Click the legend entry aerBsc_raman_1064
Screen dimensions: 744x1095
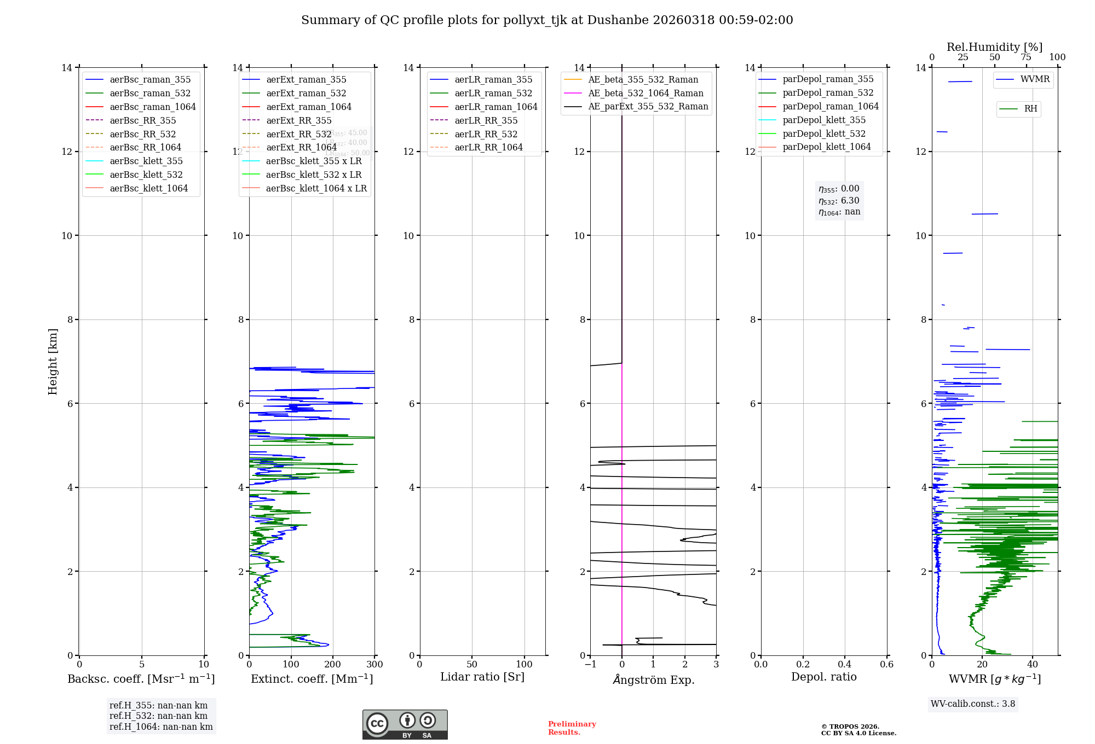[x=152, y=107]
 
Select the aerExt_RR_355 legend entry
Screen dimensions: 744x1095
[x=298, y=120]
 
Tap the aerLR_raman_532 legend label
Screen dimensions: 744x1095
[x=493, y=93]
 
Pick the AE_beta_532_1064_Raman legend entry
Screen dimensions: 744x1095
[x=646, y=93]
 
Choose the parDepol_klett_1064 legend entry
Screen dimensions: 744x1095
[x=826, y=147]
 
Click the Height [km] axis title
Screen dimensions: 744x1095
[x=53, y=362]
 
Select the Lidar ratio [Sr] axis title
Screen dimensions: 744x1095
[x=482, y=677]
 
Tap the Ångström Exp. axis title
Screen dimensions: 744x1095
[x=653, y=679]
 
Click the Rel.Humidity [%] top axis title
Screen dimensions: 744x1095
[x=994, y=47]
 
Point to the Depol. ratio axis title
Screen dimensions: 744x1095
[x=823, y=677]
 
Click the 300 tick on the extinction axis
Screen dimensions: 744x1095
[x=375, y=665]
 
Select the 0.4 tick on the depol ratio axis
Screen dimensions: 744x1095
[x=845, y=665]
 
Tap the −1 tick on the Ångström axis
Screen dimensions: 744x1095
[x=590, y=665]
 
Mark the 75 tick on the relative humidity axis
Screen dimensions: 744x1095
[x=1026, y=57]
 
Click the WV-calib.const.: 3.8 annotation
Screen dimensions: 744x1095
[x=973, y=704]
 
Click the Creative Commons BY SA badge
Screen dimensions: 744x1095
[x=405, y=725]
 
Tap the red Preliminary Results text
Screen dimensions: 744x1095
[x=572, y=728]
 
